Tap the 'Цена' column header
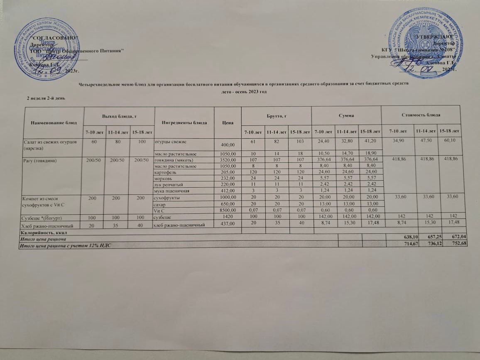point(227,122)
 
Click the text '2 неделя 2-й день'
point(45,98)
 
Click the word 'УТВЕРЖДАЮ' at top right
point(434,38)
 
